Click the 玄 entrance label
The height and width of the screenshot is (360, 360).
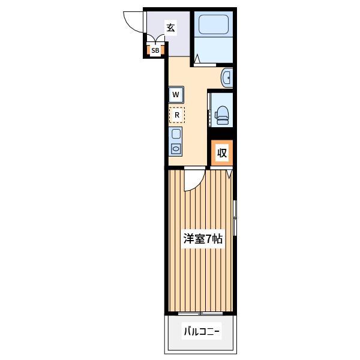coord(170,28)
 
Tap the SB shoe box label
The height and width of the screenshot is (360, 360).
coord(155,50)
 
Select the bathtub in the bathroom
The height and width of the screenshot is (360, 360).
coord(214,25)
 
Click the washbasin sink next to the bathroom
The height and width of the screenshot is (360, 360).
coord(227,78)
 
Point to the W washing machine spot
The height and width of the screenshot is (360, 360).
coord(176,95)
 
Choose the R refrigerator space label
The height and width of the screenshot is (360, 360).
coord(177,115)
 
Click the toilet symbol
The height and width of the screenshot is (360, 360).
coord(222,115)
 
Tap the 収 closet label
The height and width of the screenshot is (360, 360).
coord(222,152)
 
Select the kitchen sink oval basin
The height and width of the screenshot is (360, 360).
coord(176,149)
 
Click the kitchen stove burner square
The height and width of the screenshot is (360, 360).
coord(176,134)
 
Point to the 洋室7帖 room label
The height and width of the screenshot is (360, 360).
coord(203,239)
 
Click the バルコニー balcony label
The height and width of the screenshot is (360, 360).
coord(202,331)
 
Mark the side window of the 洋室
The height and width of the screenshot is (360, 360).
coord(235,218)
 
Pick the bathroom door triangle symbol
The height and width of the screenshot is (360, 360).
coord(197,59)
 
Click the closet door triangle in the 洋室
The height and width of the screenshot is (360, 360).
coord(229,174)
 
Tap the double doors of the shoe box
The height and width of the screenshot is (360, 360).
coord(155,39)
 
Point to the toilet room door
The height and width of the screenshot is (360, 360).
coord(209,110)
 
